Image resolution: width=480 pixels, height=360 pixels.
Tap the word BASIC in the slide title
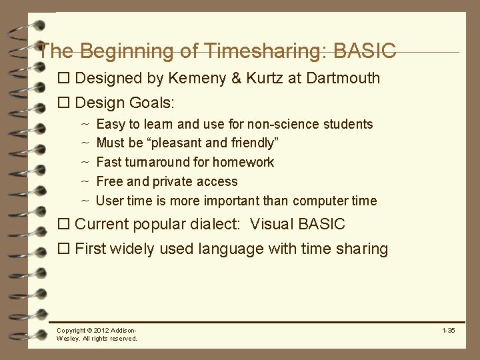tap(365, 51)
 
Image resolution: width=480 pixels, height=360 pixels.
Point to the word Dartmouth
tap(343, 78)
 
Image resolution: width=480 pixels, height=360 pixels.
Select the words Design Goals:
tap(125, 103)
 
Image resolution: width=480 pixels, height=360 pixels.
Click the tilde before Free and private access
tap(85, 181)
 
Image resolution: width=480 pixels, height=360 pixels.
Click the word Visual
tap(272, 224)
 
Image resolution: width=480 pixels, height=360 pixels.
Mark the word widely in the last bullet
tap(135, 249)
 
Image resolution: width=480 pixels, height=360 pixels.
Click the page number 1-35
tap(448, 331)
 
